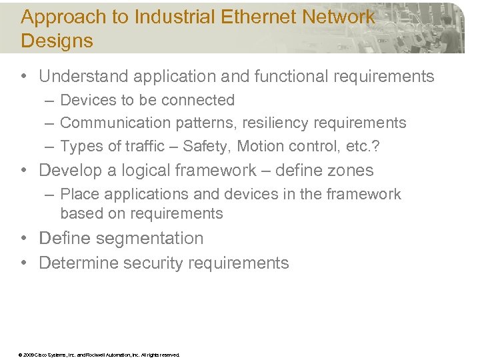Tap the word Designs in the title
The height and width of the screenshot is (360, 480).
[x=57, y=41]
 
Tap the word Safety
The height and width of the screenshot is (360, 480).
[x=205, y=146]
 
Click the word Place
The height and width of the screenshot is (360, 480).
[x=77, y=194]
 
